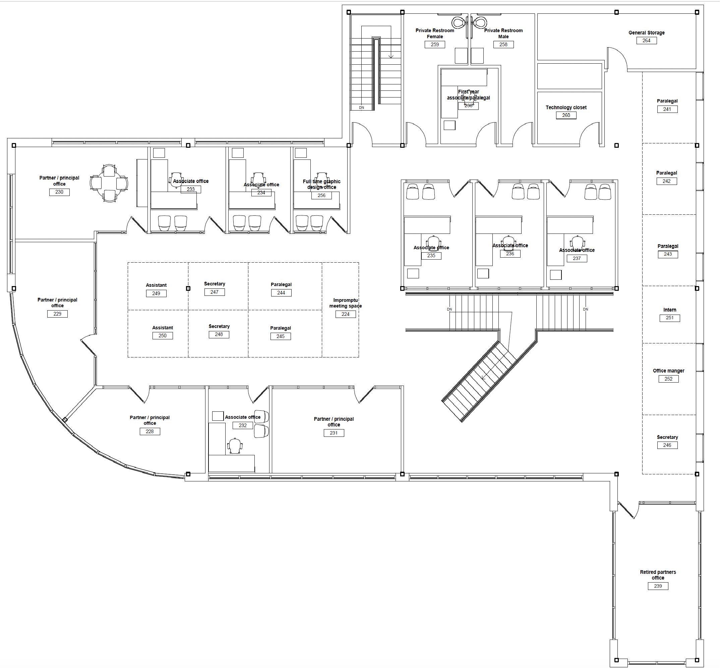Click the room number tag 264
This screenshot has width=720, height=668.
pyautogui.click(x=646, y=41)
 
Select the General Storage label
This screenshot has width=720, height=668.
pyautogui.click(x=646, y=32)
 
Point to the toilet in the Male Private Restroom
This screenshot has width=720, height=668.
pyautogui.click(x=481, y=22)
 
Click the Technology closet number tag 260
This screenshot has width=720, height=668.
pyautogui.click(x=566, y=115)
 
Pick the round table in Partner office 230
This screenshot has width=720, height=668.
pyautogui.click(x=109, y=183)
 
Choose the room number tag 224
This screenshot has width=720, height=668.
pyautogui.click(x=345, y=314)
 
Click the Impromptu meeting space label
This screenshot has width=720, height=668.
pyautogui.click(x=345, y=303)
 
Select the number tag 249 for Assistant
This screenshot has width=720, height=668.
pyautogui.click(x=156, y=293)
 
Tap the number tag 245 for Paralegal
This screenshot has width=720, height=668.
pyautogui.click(x=281, y=336)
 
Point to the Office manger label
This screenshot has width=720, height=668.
pyautogui.click(x=668, y=371)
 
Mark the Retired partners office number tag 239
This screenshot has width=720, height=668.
pyautogui.click(x=658, y=586)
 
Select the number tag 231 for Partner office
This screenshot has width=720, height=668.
pyautogui.click(x=334, y=433)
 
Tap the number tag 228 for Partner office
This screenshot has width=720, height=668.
pyautogui.click(x=150, y=431)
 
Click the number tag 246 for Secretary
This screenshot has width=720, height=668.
pyautogui.click(x=667, y=445)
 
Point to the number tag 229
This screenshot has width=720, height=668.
pyautogui.click(x=57, y=314)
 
